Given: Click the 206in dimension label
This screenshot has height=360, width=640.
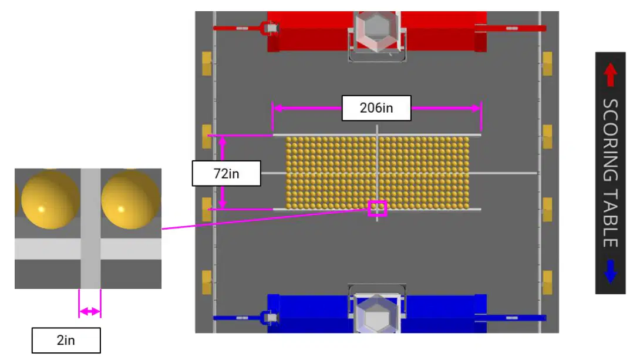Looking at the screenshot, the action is [376, 108].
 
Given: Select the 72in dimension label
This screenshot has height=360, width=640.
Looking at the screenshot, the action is [226, 173].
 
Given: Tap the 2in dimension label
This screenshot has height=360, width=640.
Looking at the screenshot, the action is [66, 340].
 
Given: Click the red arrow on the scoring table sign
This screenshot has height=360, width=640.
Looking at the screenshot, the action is [610, 75].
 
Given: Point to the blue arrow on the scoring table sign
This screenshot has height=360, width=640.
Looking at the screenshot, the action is [610, 271].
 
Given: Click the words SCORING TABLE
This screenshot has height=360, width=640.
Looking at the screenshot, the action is [610, 173].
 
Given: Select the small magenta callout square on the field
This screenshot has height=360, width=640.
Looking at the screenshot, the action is [377, 208].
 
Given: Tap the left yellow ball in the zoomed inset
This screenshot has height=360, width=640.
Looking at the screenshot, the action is [50, 199].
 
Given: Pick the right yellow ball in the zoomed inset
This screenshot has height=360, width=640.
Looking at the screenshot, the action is [130, 199].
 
